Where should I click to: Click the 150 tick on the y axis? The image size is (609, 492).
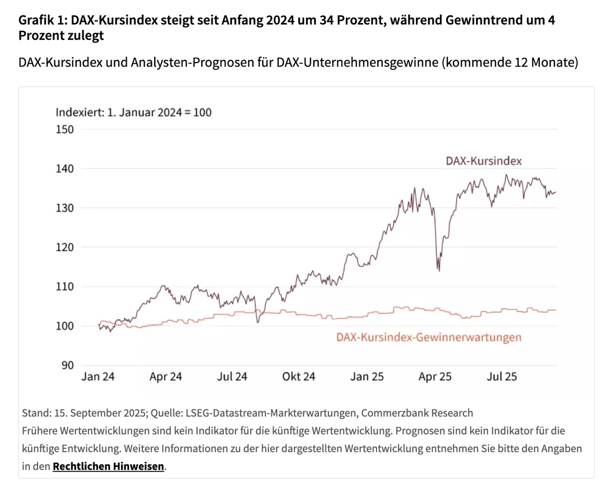point(65,129)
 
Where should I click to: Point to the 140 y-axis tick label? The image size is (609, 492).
point(65,169)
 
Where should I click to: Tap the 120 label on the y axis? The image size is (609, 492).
point(65,247)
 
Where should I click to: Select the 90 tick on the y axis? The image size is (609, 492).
point(68,365)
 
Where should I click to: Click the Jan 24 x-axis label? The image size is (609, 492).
point(98,377)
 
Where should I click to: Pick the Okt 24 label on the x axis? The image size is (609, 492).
point(299,377)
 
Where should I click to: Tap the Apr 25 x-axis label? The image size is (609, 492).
point(435,377)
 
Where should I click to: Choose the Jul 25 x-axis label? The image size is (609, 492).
point(502,377)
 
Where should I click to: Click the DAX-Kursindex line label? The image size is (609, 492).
point(484,161)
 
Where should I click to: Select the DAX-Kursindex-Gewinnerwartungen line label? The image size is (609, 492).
point(429,337)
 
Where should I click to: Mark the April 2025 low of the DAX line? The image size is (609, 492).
point(438,270)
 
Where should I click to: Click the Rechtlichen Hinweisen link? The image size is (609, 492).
point(109,466)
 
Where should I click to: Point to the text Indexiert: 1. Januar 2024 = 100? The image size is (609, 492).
point(133,112)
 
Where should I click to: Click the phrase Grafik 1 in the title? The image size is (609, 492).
point(43,20)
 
